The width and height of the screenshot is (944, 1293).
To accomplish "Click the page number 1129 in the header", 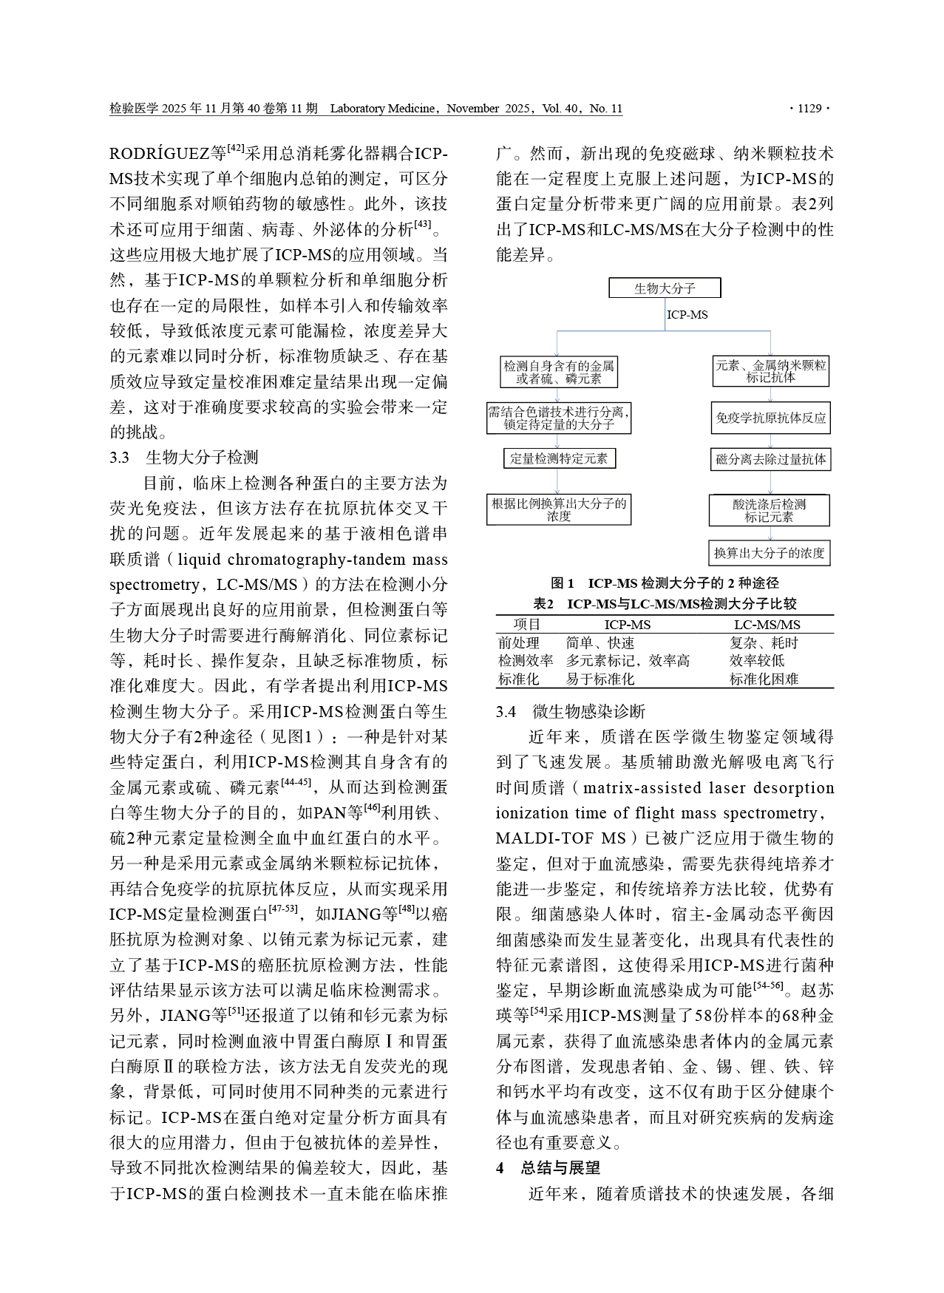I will click(809, 109).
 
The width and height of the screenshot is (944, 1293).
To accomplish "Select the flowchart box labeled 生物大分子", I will click(664, 288).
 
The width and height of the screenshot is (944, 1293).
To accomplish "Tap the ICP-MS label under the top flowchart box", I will click(687, 315).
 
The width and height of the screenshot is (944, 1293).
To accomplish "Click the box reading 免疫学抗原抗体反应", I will click(770, 418).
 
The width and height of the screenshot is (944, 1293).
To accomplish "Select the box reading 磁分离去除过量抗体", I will click(770, 459).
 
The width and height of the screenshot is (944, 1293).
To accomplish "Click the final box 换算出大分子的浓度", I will click(769, 552).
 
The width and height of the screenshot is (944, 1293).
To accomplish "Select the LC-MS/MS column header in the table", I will click(767, 625).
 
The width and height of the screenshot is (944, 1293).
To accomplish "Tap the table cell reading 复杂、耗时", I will click(764, 643).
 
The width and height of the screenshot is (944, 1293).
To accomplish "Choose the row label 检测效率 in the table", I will click(525, 661).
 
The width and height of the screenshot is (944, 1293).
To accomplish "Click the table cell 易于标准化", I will click(600, 679).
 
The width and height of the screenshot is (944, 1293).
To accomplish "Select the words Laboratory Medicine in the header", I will click(382, 109).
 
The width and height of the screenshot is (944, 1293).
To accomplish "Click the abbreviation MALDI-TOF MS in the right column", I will click(561, 838).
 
